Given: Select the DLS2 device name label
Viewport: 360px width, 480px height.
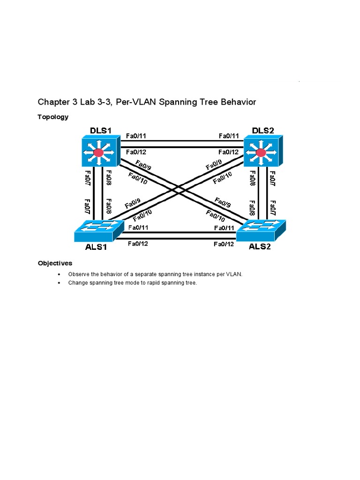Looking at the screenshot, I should (263, 130).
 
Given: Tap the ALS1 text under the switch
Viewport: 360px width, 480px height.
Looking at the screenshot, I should (96, 247).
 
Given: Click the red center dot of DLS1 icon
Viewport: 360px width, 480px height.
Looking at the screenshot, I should (98, 152).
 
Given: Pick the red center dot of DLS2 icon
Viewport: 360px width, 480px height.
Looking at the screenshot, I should (261, 152).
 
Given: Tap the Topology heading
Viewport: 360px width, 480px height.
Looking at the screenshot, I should (53, 117).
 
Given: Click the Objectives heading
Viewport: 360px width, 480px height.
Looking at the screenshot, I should (55, 263).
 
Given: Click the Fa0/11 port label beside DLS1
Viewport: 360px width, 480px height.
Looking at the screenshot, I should (136, 136).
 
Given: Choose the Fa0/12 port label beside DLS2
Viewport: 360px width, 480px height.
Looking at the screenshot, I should (228, 152).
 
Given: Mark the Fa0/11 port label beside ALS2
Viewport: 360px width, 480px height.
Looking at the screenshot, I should (224, 228).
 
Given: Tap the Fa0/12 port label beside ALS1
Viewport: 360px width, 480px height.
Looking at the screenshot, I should (138, 243).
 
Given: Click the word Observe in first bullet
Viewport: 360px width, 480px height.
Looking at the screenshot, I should (78, 274).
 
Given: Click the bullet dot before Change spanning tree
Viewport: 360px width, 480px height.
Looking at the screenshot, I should (59, 283).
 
